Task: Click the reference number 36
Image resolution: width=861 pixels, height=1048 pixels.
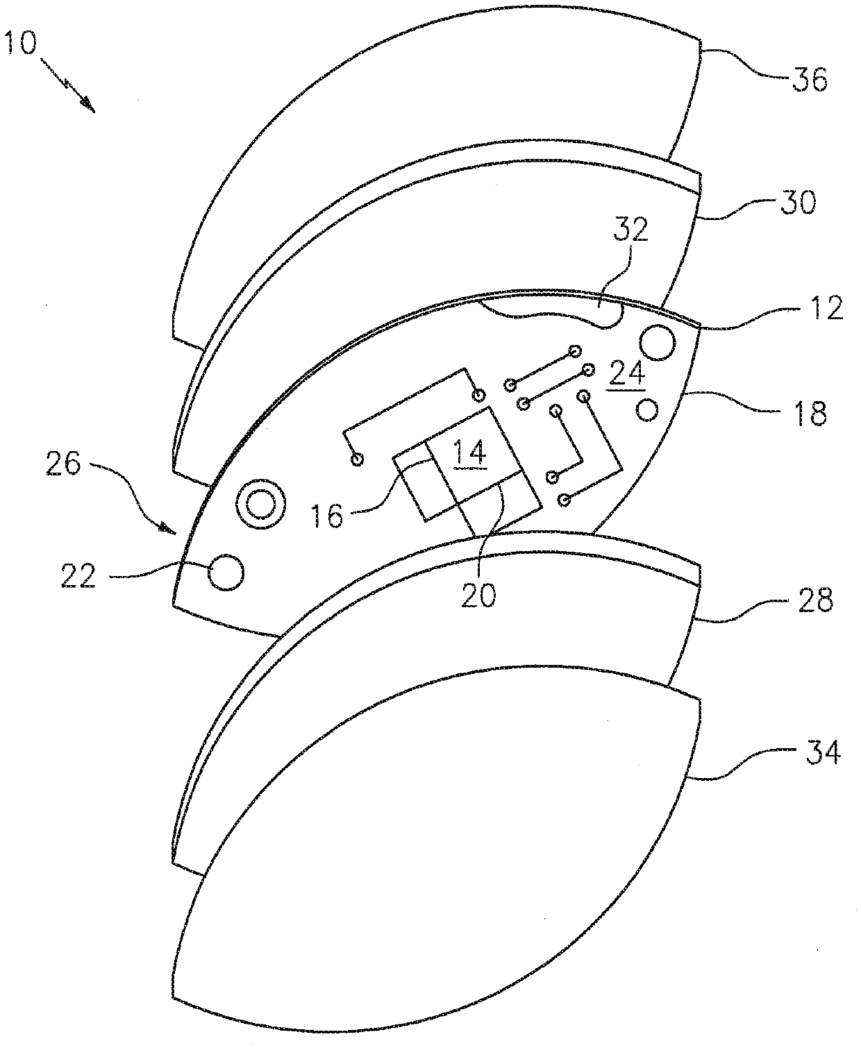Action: [810, 81]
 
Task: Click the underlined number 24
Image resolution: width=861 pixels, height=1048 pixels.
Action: [627, 375]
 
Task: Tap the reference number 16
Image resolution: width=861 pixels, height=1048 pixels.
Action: [326, 516]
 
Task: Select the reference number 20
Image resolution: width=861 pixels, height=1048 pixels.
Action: [479, 595]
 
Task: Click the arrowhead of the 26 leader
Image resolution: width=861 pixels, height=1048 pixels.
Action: [169, 528]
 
